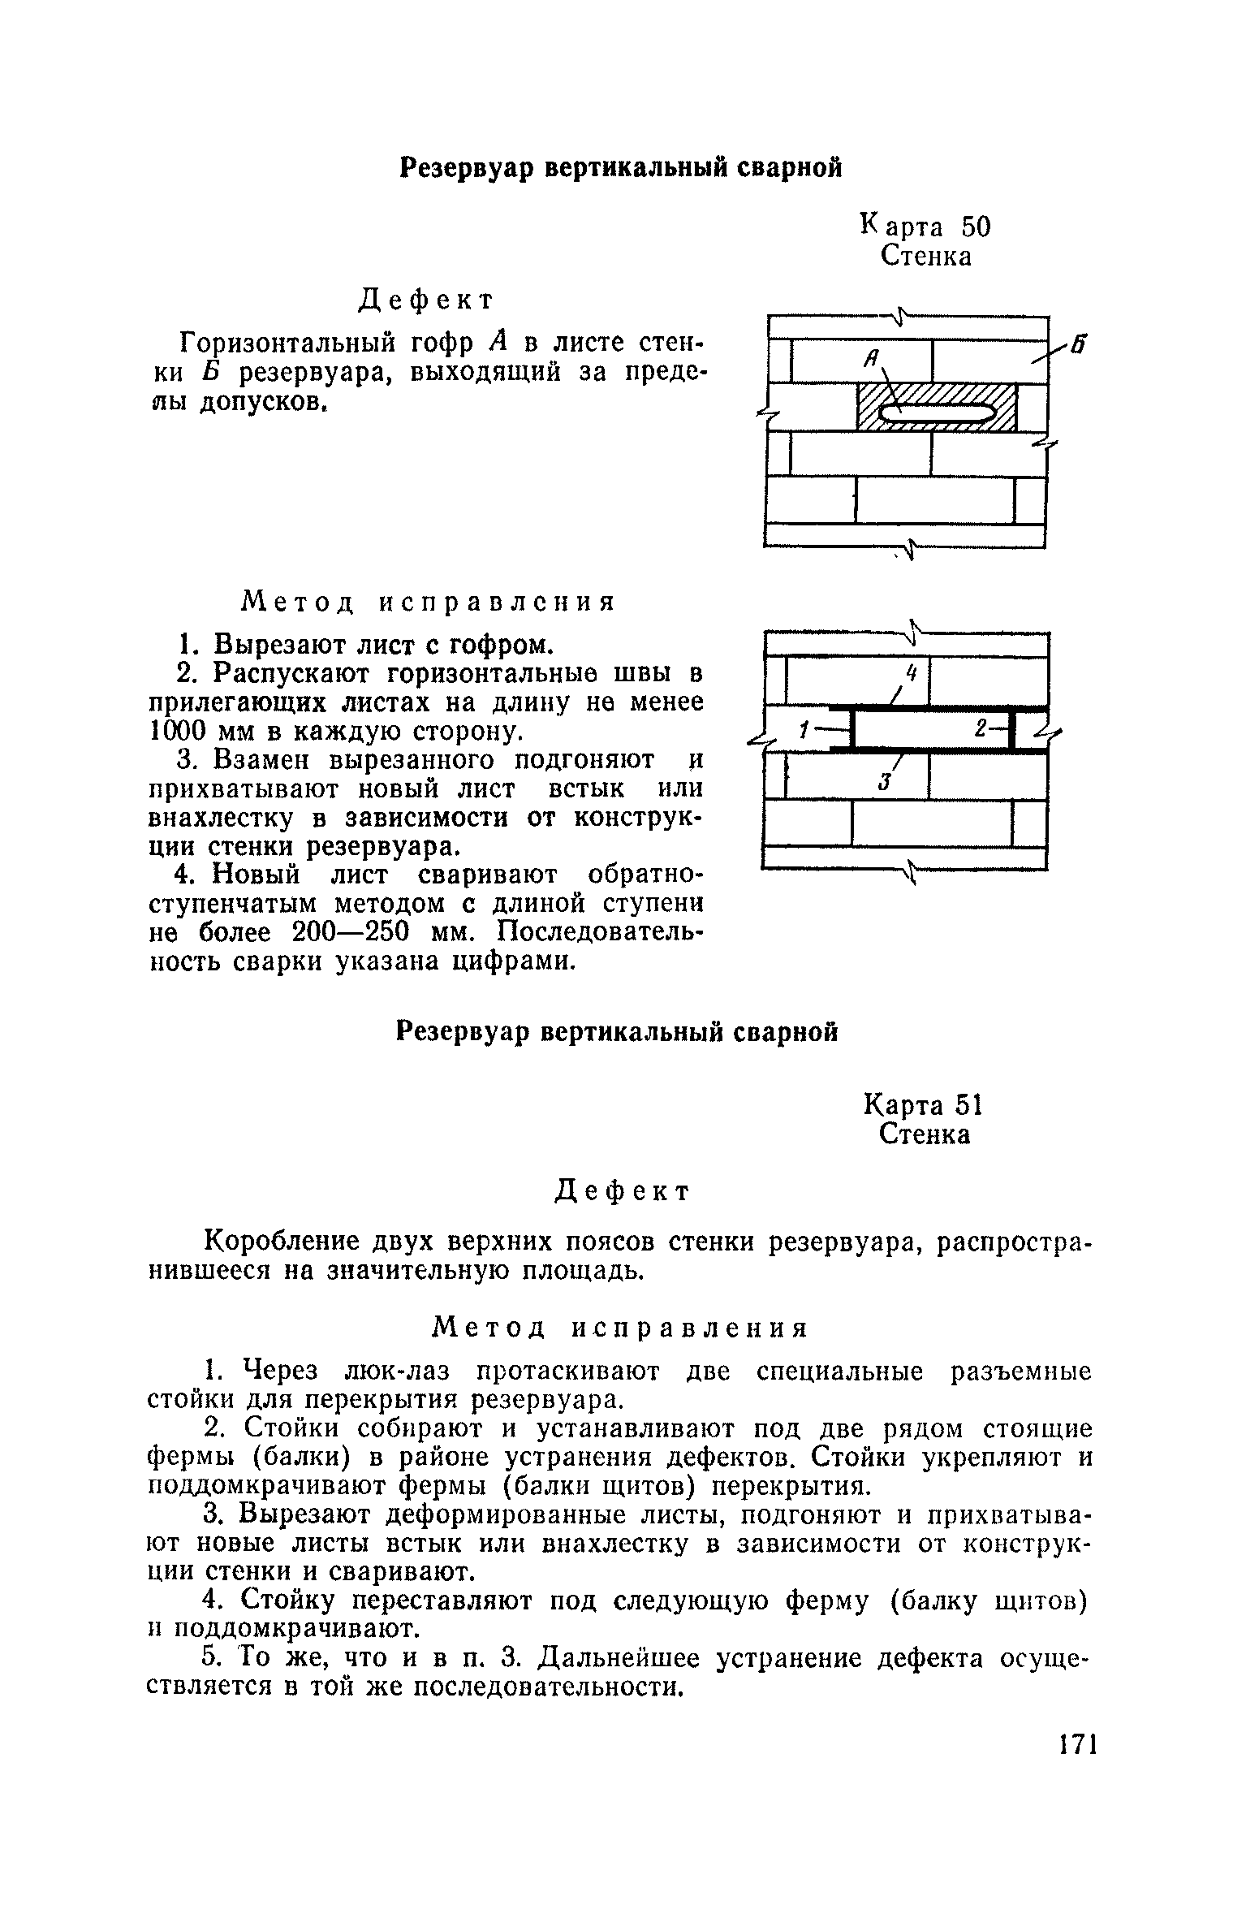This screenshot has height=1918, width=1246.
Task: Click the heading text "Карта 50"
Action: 925,226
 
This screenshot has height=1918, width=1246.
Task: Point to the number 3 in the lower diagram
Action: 886,780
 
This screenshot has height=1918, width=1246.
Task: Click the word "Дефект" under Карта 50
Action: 426,300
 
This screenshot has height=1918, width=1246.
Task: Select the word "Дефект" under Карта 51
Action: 622,1191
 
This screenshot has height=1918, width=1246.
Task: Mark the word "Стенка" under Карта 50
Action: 925,257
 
